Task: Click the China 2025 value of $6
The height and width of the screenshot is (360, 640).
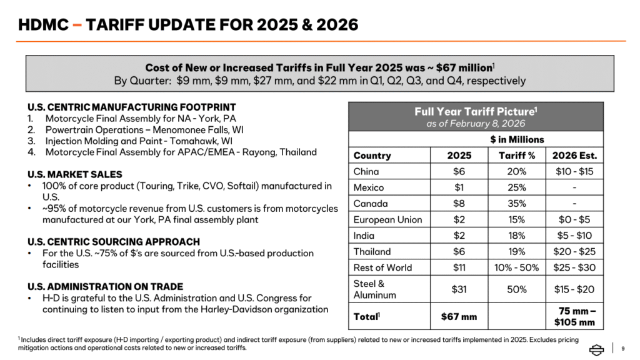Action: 459,171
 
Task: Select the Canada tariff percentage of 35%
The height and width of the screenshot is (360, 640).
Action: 517,203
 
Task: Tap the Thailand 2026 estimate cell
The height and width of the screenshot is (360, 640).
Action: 574,251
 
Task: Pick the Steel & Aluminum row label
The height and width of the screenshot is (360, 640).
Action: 374,289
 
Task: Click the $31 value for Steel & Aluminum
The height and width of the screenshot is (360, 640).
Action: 459,289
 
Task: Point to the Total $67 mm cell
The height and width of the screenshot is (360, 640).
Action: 459,317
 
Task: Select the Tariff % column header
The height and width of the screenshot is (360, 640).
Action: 517,155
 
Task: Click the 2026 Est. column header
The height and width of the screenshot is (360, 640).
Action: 574,155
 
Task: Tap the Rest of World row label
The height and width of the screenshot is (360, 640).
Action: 382,267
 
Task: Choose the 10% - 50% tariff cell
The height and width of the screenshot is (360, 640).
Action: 517,267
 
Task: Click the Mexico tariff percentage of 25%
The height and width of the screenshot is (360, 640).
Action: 517,187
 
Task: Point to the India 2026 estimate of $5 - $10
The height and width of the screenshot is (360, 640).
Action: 574,236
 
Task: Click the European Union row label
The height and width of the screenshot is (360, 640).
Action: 387,219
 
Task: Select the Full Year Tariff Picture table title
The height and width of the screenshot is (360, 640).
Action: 476,111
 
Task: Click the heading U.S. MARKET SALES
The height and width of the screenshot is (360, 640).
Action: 74,174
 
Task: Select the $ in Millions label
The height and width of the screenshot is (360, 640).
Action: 516,139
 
